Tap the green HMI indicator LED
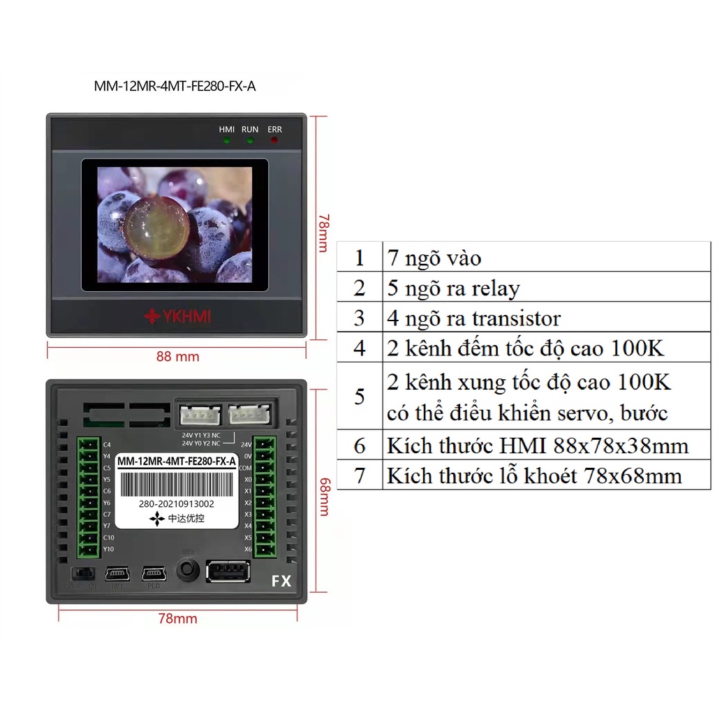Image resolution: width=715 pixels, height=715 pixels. (x=227, y=140)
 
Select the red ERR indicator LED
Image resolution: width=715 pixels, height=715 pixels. (x=274, y=140)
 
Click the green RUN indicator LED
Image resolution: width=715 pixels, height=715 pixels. (x=250, y=140)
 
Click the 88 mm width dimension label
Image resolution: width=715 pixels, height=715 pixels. (x=177, y=357)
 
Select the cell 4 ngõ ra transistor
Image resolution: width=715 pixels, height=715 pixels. (x=473, y=318)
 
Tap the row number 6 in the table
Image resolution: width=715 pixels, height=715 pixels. (x=359, y=446)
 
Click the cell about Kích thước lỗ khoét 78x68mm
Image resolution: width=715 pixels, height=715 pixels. (x=533, y=476)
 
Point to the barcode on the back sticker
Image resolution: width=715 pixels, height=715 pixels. (x=177, y=483)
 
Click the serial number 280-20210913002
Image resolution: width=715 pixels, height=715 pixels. (x=177, y=503)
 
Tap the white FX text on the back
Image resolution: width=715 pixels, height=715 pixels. (x=281, y=581)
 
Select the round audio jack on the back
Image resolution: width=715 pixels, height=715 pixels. (x=186, y=569)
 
